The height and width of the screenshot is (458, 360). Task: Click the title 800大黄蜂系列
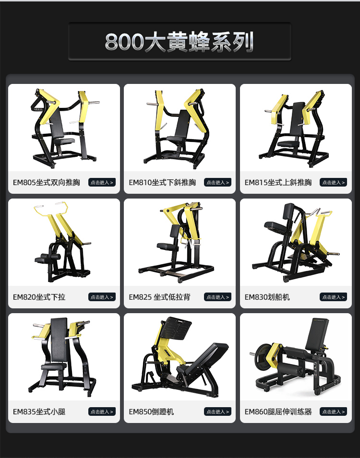[x=179, y=42]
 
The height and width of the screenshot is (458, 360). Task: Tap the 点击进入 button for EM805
[x=102, y=182]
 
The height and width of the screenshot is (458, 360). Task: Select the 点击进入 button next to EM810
[x=217, y=182]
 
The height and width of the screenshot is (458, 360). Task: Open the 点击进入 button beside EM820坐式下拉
[x=102, y=297]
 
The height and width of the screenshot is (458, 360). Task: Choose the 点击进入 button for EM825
[x=217, y=297]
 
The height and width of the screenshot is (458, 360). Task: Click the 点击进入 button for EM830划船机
[x=334, y=297]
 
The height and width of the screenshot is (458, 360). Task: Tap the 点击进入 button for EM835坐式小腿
[x=102, y=411]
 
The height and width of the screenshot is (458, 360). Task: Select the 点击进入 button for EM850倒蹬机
[x=217, y=411]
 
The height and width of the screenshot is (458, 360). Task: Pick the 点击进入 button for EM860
[x=334, y=411]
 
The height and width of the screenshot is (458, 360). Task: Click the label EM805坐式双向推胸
[x=47, y=182]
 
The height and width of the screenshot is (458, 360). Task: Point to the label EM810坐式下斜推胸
[x=162, y=182]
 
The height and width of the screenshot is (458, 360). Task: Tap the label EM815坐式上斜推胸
[x=278, y=182]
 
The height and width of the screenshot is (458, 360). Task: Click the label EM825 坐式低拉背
[x=159, y=297]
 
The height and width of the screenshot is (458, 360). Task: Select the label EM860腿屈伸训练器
[x=278, y=411]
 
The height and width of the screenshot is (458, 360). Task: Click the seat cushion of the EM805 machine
[x=64, y=141]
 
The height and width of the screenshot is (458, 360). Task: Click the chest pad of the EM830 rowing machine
[x=274, y=226]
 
